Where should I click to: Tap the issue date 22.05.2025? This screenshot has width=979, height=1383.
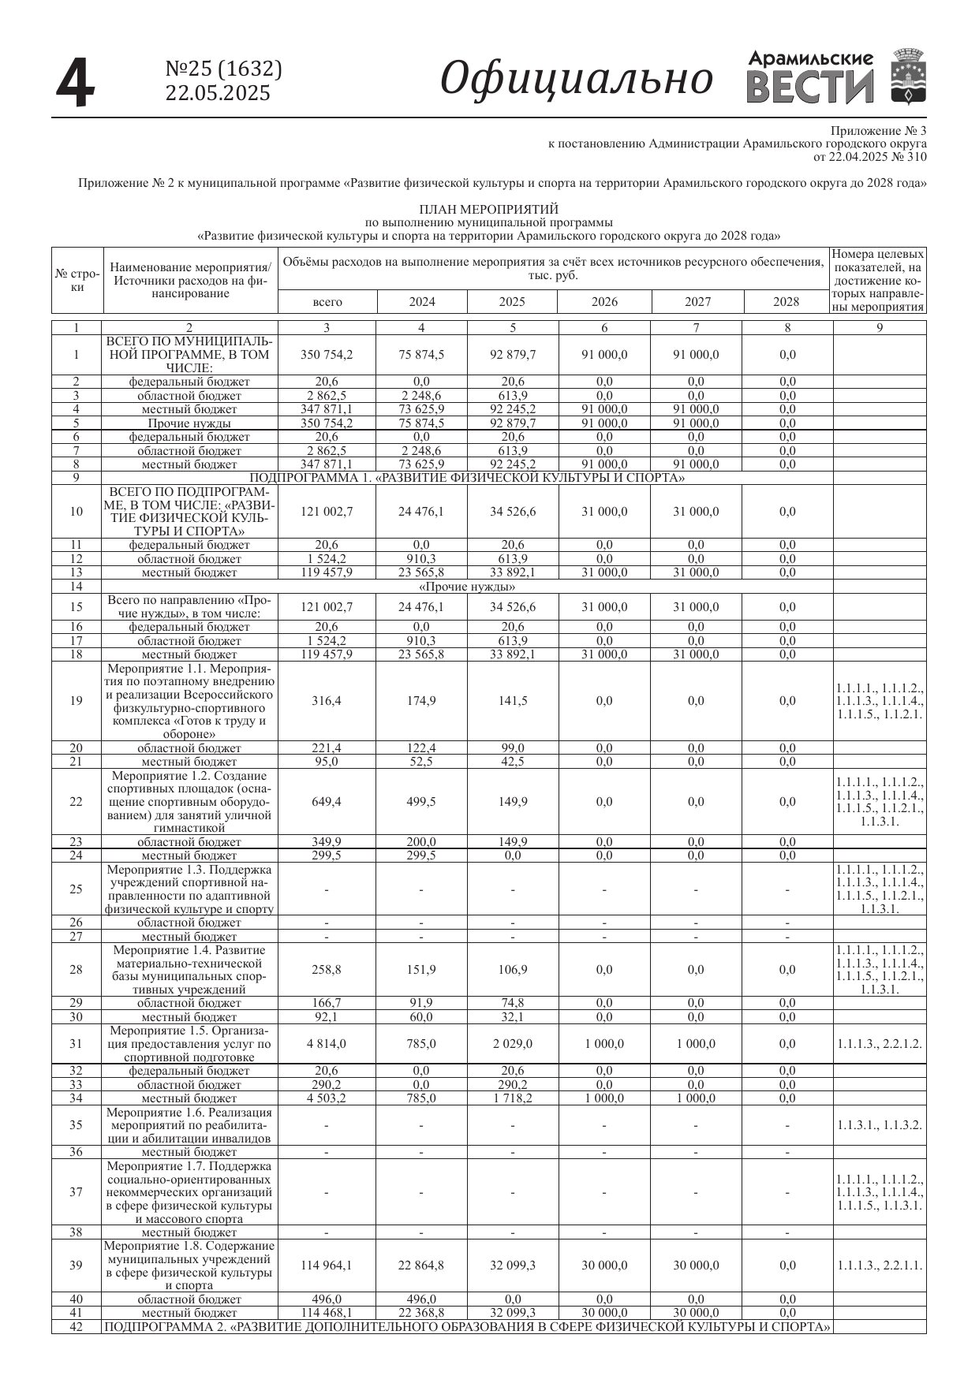pyautogui.click(x=217, y=93)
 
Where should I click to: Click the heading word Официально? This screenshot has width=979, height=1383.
pyautogui.click(x=576, y=79)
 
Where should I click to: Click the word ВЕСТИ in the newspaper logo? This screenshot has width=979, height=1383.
pyautogui.click(x=810, y=88)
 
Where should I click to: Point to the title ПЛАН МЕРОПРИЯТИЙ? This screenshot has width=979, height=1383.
pyautogui.click(x=488, y=209)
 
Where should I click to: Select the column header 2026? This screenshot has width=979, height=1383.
pyautogui.click(x=604, y=301)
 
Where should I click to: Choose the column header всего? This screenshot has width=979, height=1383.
pyautogui.click(x=327, y=301)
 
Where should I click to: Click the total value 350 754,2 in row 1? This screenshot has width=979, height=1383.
pyautogui.click(x=327, y=355)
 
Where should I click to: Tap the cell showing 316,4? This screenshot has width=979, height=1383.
pyautogui.click(x=327, y=701)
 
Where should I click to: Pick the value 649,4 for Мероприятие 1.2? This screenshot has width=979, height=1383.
pyautogui.click(x=327, y=802)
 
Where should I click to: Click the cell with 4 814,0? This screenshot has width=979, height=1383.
pyautogui.click(x=327, y=1044)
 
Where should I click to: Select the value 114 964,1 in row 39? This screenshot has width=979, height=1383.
pyautogui.click(x=327, y=1266)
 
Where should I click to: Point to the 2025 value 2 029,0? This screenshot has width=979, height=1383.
pyautogui.click(x=513, y=1044)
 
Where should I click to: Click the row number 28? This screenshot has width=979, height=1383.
pyautogui.click(x=76, y=970)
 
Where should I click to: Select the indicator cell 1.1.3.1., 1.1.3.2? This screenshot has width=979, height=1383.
pyautogui.click(x=880, y=1125)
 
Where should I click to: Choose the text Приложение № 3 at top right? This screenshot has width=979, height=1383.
pyautogui.click(x=879, y=130)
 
